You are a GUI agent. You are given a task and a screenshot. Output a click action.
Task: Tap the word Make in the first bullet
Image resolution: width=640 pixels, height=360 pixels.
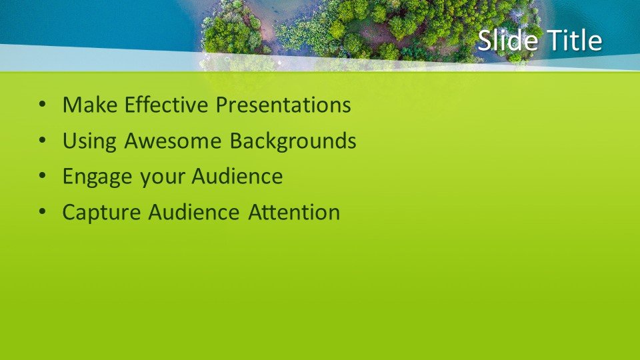tap(90, 105)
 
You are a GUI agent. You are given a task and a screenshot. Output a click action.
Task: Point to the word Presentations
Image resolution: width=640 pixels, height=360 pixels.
tap(283, 105)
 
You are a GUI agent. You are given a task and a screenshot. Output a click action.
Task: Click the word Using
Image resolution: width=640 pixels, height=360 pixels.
tap(89, 141)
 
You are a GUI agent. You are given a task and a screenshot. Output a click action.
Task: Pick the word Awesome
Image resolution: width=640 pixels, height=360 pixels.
tap(173, 141)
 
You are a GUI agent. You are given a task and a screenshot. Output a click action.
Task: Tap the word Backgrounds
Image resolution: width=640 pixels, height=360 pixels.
tap(293, 141)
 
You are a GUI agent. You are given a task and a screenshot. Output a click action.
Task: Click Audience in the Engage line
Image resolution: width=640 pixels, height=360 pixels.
tap(237, 176)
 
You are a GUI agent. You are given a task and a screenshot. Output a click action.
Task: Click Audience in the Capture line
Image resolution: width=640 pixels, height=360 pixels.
tap(194, 212)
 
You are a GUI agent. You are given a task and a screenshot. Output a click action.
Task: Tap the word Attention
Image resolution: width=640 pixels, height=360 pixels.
tap(294, 212)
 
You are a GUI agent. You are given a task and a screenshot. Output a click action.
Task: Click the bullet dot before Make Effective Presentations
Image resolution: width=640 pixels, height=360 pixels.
tap(43, 105)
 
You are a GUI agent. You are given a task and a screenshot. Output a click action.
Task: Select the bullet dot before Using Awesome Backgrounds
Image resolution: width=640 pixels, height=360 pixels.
tap(43, 141)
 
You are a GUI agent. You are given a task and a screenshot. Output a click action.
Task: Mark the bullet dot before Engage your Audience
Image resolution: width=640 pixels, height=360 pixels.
tap(43, 176)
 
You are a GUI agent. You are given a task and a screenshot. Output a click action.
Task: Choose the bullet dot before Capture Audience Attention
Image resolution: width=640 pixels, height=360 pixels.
tap(43, 212)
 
